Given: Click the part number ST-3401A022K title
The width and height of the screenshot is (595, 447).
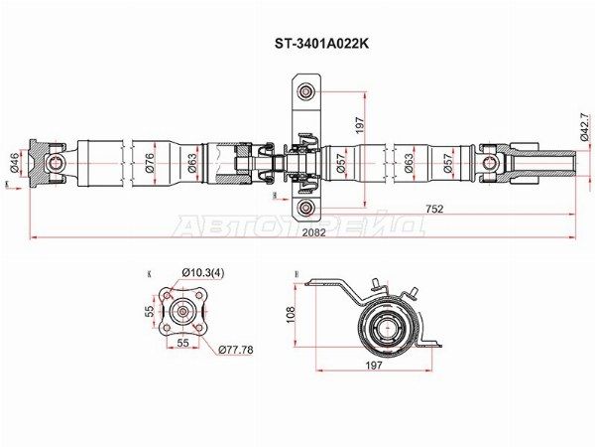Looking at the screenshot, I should click(x=297, y=45).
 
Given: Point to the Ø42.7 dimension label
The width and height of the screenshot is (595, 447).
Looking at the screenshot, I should click(x=584, y=126).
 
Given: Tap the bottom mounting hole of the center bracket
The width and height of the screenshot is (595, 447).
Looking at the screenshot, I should click(x=306, y=208).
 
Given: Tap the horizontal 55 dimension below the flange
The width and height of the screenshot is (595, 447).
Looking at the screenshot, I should click(x=182, y=342).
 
